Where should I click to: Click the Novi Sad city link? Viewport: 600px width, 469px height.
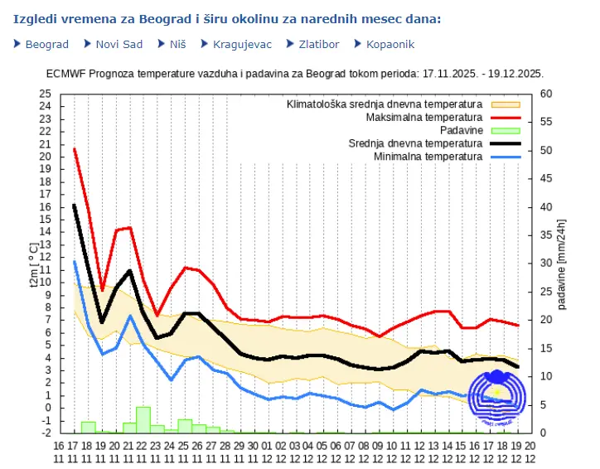pyautogui.click(x=119, y=44)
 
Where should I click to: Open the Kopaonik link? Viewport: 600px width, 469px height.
pyautogui.click(x=390, y=44)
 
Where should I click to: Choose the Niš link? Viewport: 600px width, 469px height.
pyautogui.click(x=177, y=44)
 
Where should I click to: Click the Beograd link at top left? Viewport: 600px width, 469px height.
pyautogui.click(x=47, y=44)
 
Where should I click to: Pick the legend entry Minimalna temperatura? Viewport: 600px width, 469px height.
pyautogui.click(x=427, y=157)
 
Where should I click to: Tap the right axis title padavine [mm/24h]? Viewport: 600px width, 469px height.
pyautogui.click(x=563, y=263)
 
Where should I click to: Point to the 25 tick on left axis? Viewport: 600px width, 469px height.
pyautogui.click(x=45, y=93)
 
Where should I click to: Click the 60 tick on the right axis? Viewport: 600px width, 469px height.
pyautogui.click(x=546, y=93)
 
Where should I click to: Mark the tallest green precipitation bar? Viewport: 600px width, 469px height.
pyautogui.click(x=143, y=419)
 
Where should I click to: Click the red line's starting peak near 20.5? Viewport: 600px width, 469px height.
pyautogui.click(x=75, y=149)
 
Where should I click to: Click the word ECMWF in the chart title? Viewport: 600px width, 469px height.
pyautogui.click(x=66, y=73)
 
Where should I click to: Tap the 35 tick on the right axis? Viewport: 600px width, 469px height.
pyautogui.click(x=546, y=234)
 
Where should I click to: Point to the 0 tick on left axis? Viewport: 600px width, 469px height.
pyautogui.click(x=48, y=407)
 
